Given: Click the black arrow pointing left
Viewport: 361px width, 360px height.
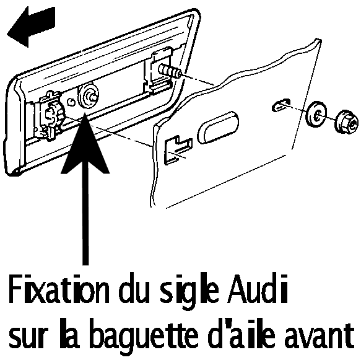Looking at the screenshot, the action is point(31,27).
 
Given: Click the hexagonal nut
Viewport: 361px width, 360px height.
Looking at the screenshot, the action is point(346,122).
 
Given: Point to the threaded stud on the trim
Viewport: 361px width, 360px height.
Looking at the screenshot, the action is point(169,70).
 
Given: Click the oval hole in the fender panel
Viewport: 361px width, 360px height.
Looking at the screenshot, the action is point(218,128).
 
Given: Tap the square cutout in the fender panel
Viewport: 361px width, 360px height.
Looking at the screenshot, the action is point(178,150).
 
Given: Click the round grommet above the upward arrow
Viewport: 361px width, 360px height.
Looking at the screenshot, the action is point(88,97).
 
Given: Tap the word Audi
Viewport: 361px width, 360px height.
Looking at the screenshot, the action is point(257,289).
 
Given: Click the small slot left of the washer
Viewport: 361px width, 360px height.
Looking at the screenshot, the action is point(281,105).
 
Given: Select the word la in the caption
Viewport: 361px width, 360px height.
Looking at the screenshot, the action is point(69,334).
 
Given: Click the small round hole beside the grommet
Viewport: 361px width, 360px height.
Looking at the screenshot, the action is point(71,102).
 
